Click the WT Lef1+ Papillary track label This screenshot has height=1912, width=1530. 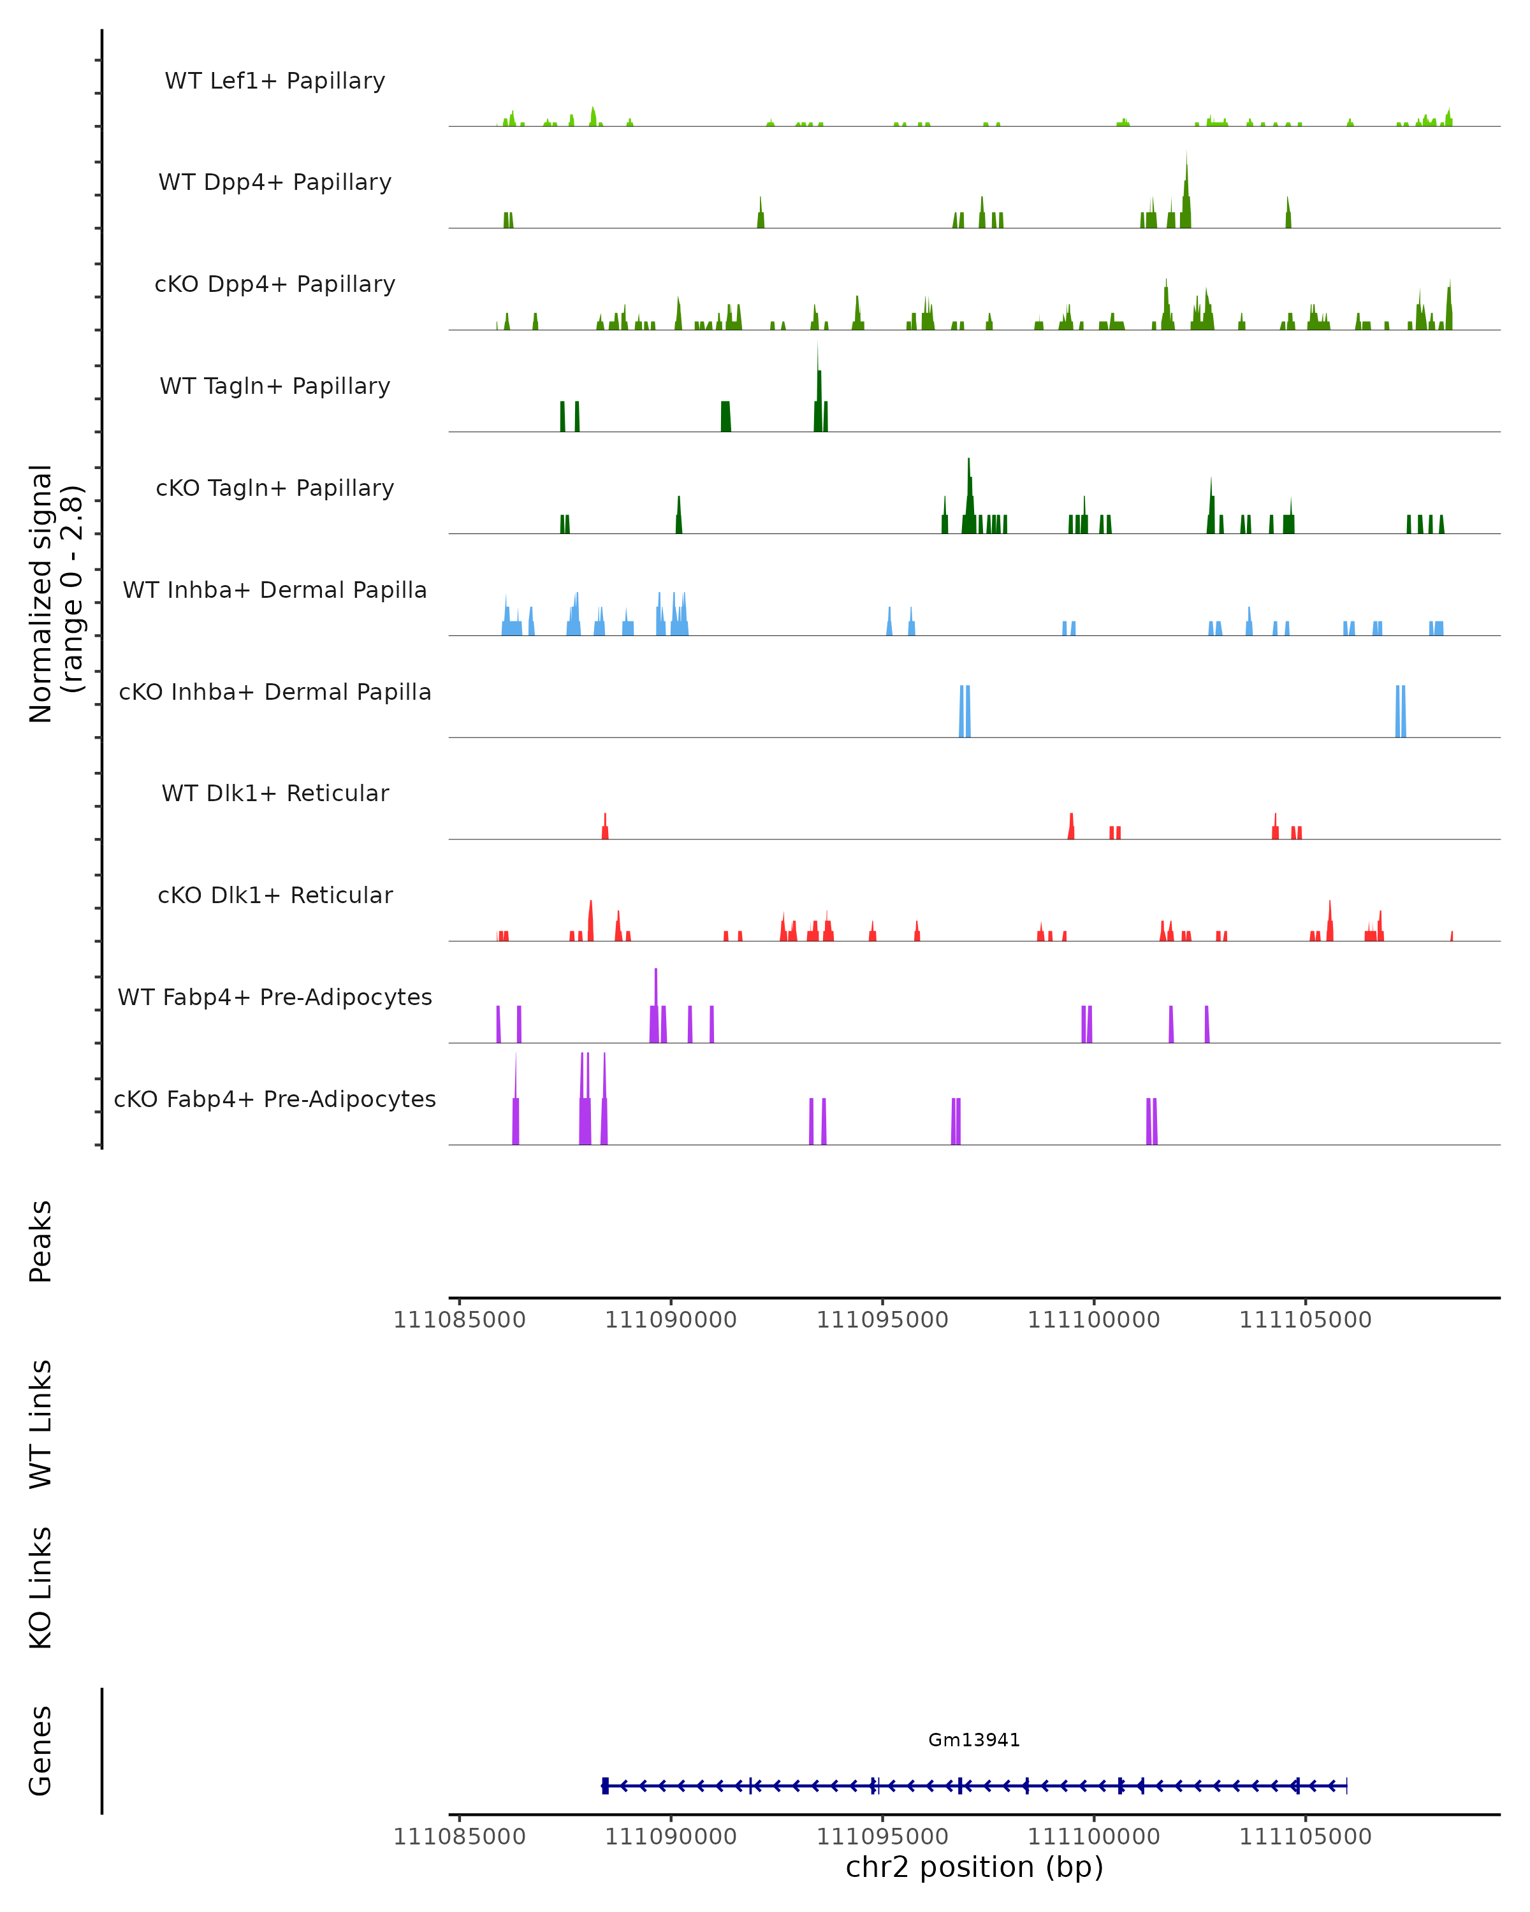[x=275, y=81]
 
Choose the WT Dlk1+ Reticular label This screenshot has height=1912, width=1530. [x=275, y=793]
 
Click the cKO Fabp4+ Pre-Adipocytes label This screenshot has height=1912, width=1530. [x=275, y=1099]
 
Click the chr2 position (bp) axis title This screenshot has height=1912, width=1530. [x=974, y=1867]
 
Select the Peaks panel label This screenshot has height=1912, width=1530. [x=41, y=1241]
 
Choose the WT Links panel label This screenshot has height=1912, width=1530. [x=41, y=1423]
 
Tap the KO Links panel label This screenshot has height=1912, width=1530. [x=41, y=1588]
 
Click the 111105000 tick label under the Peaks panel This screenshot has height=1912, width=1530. [x=1305, y=1320]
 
